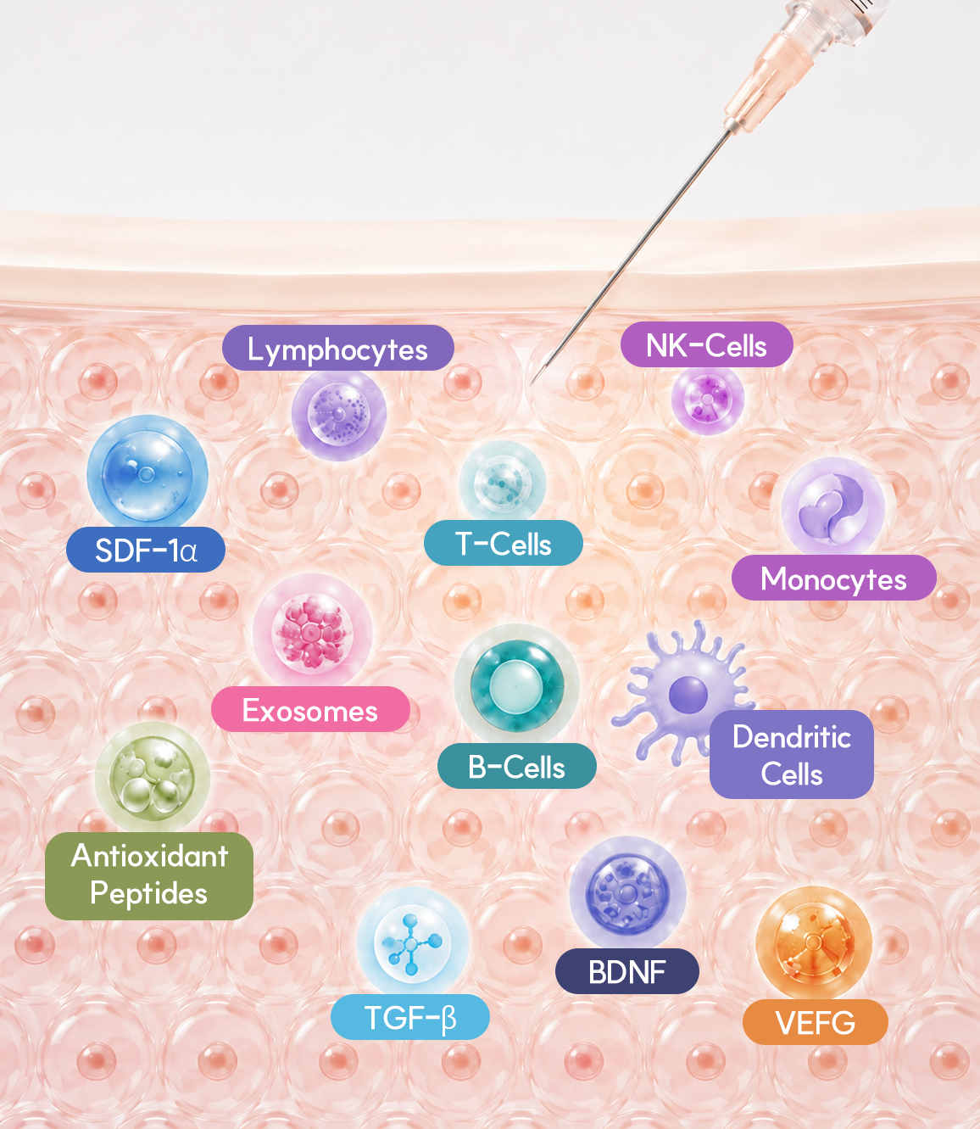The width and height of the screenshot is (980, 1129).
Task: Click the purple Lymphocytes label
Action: tap(338, 348)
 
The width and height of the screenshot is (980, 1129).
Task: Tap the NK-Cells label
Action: tap(706, 344)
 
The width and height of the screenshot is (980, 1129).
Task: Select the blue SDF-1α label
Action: tap(146, 550)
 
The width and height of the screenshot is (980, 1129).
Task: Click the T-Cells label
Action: tap(503, 543)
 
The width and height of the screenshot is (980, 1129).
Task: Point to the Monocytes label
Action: tap(834, 578)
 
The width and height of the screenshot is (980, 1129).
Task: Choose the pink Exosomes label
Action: tap(310, 709)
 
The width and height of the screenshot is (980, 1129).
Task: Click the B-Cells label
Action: tap(517, 766)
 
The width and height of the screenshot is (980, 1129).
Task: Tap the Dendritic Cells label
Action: tap(792, 754)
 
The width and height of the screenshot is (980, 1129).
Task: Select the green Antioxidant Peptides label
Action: tap(149, 876)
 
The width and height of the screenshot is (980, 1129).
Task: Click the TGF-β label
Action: tap(409, 1017)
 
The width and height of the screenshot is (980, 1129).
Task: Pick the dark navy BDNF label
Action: tap(627, 971)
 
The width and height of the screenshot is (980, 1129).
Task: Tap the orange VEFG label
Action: tap(815, 1022)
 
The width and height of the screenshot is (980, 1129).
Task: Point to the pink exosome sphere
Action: tap(312, 631)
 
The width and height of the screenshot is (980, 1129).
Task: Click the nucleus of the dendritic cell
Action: tap(688, 694)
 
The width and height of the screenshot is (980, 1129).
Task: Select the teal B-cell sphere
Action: tap(517, 685)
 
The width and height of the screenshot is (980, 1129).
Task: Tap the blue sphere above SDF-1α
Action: tap(148, 473)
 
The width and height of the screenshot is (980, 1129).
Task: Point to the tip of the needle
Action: tap(531, 384)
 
